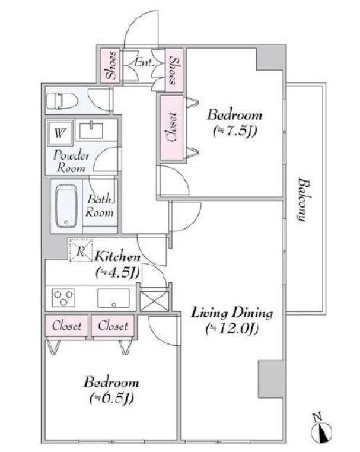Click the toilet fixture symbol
(x=62, y=101)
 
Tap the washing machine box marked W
(x=60, y=133)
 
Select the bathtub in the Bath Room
(x=66, y=206)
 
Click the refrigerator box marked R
(x=81, y=250)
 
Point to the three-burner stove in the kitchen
(x=63, y=298)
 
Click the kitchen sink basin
(x=113, y=298)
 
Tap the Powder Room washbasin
(x=91, y=130)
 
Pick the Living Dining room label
(x=232, y=313)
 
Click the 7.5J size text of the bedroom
(x=235, y=132)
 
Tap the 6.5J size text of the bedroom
(x=111, y=399)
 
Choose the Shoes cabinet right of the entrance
(x=174, y=70)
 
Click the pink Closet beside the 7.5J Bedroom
(x=172, y=128)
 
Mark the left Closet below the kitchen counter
(x=66, y=326)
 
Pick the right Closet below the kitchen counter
(x=113, y=326)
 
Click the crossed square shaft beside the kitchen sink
(x=154, y=301)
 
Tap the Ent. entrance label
(x=144, y=62)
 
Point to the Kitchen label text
(x=117, y=256)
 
